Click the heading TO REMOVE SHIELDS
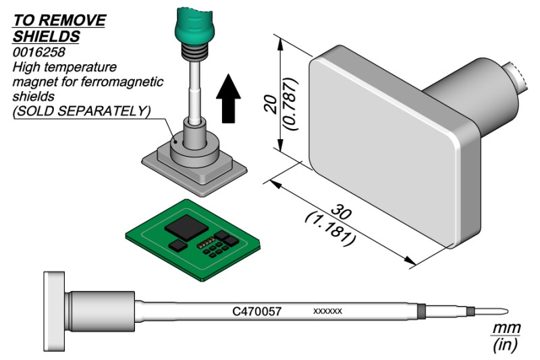(59, 27)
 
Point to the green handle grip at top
(192, 23)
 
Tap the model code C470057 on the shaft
(256, 311)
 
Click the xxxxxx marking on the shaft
(328, 311)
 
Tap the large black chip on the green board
(186, 227)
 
